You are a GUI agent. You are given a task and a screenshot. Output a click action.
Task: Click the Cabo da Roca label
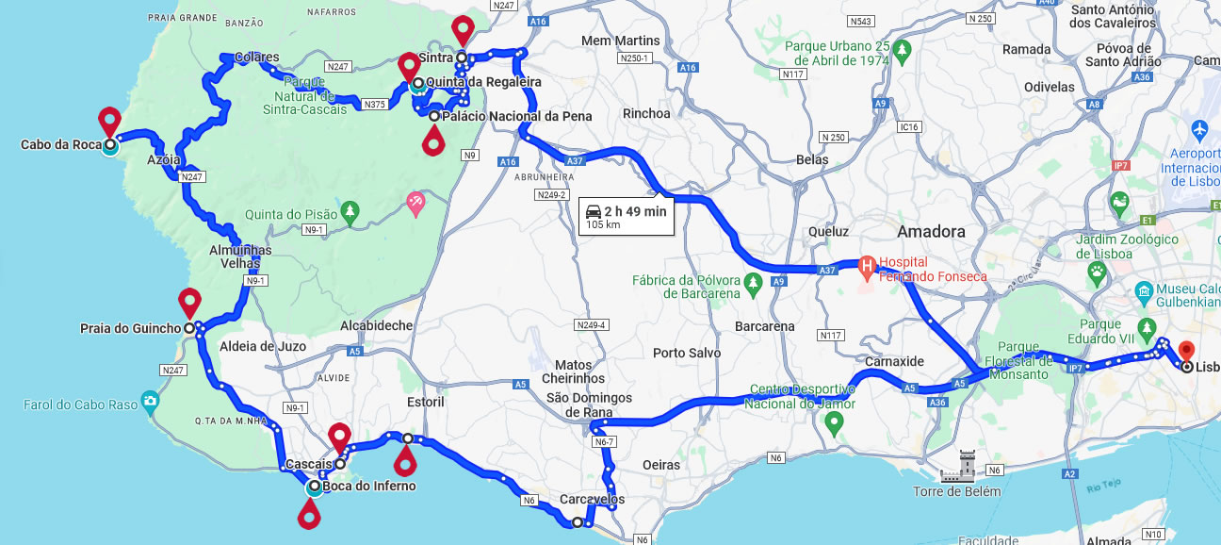tap(55, 145)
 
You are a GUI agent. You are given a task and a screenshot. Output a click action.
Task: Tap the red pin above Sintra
tap(463, 28)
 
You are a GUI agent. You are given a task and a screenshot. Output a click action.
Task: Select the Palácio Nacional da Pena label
tap(516, 116)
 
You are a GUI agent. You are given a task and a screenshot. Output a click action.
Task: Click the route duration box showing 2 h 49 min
tap(627, 216)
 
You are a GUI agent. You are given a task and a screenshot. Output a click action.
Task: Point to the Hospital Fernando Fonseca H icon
tap(867, 268)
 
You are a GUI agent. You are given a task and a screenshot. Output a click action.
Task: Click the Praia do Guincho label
tap(130, 328)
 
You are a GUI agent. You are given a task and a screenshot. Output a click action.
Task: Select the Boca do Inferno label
tap(368, 487)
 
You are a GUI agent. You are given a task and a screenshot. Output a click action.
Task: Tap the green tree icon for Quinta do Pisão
tap(350, 211)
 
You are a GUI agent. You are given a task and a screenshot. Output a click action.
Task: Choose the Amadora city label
tap(931, 231)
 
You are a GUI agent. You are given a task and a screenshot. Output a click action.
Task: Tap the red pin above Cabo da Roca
tap(110, 121)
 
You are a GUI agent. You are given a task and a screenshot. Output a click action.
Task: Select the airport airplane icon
tap(1198, 128)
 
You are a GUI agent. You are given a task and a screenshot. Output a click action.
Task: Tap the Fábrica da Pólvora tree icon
tap(752, 282)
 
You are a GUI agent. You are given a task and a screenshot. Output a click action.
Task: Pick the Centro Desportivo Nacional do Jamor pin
tap(833, 423)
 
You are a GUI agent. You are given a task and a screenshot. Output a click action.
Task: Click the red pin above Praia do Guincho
tap(190, 302)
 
